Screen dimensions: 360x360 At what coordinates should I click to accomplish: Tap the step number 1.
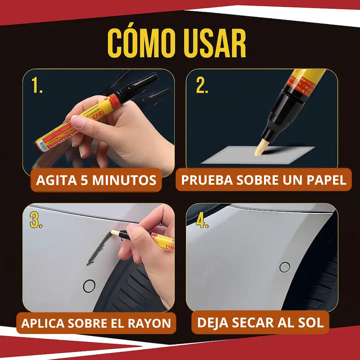tap(37, 86)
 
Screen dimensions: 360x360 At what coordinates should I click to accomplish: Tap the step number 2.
tap(202, 86)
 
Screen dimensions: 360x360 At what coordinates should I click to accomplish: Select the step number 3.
tap(36, 220)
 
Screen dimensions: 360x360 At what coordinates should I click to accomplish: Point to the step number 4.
tap(202, 220)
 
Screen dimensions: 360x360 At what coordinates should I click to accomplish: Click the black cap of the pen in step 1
tap(140, 86)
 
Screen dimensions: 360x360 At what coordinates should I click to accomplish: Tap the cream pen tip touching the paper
tap(260, 149)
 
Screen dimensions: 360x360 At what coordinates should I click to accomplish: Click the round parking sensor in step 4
tap(285, 267)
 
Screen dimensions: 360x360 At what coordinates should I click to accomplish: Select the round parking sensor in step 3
tap(89, 286)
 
